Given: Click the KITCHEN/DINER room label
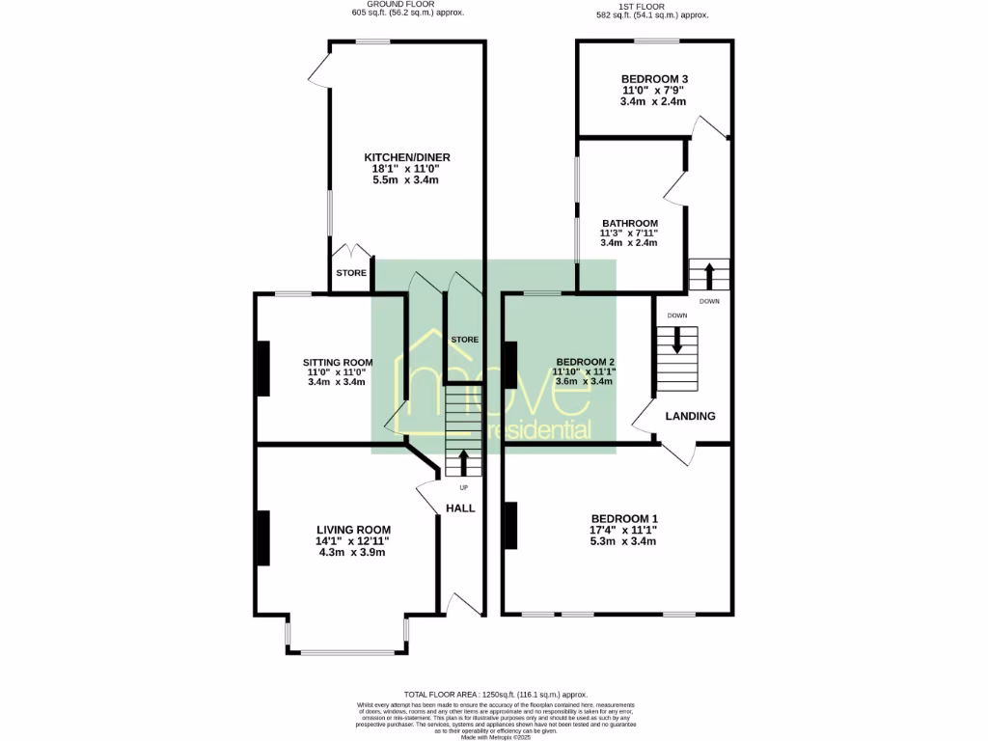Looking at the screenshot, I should coord(406,157).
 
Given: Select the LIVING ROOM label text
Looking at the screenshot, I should coord(353,530).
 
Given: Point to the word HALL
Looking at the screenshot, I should coord(460,508).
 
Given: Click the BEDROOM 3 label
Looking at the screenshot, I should coord(653,79).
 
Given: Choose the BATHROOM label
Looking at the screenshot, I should coord(629,223).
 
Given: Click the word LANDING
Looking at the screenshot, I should coord(690,417).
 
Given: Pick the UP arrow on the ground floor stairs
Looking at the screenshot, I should coord(462,462).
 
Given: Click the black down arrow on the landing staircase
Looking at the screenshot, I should coord(676,340).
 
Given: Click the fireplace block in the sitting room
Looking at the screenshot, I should coord(261,368).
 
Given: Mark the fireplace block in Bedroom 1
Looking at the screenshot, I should coord(510,526).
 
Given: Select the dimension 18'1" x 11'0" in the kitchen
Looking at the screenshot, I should coord(406,169).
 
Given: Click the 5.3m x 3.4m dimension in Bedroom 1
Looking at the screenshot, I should coord(624,541).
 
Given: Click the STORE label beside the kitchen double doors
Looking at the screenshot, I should coord(351,273).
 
